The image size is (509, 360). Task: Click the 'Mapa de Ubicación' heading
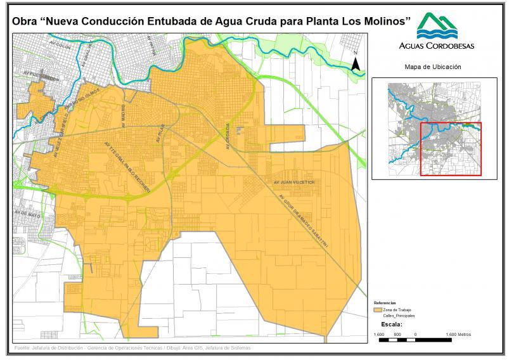(432, 67)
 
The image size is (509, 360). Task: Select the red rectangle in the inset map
(451, 149)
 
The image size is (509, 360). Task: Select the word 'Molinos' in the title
(382, 21)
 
